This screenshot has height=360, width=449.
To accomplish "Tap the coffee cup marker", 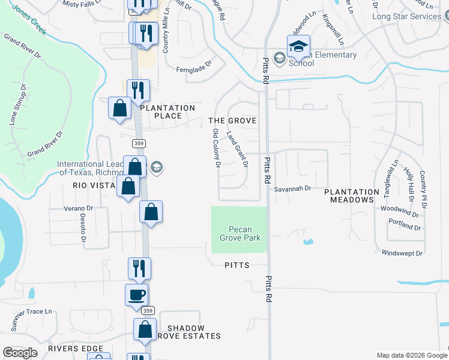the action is tap(136, 295).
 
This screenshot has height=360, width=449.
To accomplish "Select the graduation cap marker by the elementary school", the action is tap(298, 46).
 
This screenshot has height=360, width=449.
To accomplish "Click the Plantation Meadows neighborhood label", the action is tap(352, 196).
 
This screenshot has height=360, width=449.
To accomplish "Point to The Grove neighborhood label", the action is tap(232, 121).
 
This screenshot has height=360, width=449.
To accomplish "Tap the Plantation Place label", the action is tap(167, 112).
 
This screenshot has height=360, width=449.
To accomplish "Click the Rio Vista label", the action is tap(94, 185).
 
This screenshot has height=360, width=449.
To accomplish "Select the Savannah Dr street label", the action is tap(292, 188).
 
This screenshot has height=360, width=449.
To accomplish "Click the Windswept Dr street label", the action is tap(402, 253).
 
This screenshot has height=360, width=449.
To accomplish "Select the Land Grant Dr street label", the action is tap(237, 149).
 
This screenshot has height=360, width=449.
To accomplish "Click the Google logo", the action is tap(20, 353).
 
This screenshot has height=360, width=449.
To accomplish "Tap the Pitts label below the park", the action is tap(237, 265).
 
